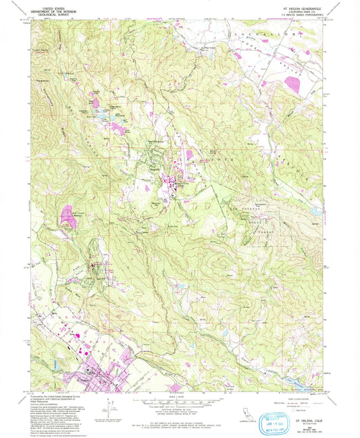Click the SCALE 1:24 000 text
coord(180,396)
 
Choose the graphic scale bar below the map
coord(180,403)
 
